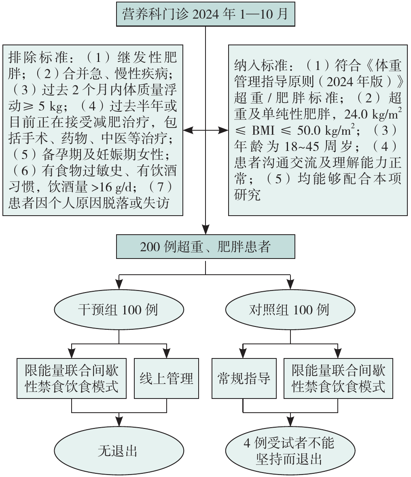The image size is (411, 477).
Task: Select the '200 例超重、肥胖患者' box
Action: click(205, 246)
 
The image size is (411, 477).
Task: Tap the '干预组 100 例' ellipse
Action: click(118, 310)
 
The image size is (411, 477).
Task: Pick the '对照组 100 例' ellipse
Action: click(289, 310)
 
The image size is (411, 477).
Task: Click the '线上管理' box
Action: click(166, 378)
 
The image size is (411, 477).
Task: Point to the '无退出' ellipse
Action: click(118, 451)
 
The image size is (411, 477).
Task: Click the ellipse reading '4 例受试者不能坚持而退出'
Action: click(289, 451)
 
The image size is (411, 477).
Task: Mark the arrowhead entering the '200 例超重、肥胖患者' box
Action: click(205, 231)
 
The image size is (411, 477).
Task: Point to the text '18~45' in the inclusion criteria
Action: click(289, 146)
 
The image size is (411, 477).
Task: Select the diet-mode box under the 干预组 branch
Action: click(72, 378)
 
